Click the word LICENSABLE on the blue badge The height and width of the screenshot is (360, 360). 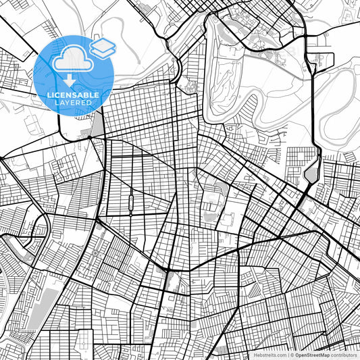tap(74, 95)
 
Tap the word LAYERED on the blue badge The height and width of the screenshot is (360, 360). tap(74, 103)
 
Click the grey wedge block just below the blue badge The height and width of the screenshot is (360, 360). tap(97, 125)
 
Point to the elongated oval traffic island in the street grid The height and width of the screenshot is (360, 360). tap(129, 202)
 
